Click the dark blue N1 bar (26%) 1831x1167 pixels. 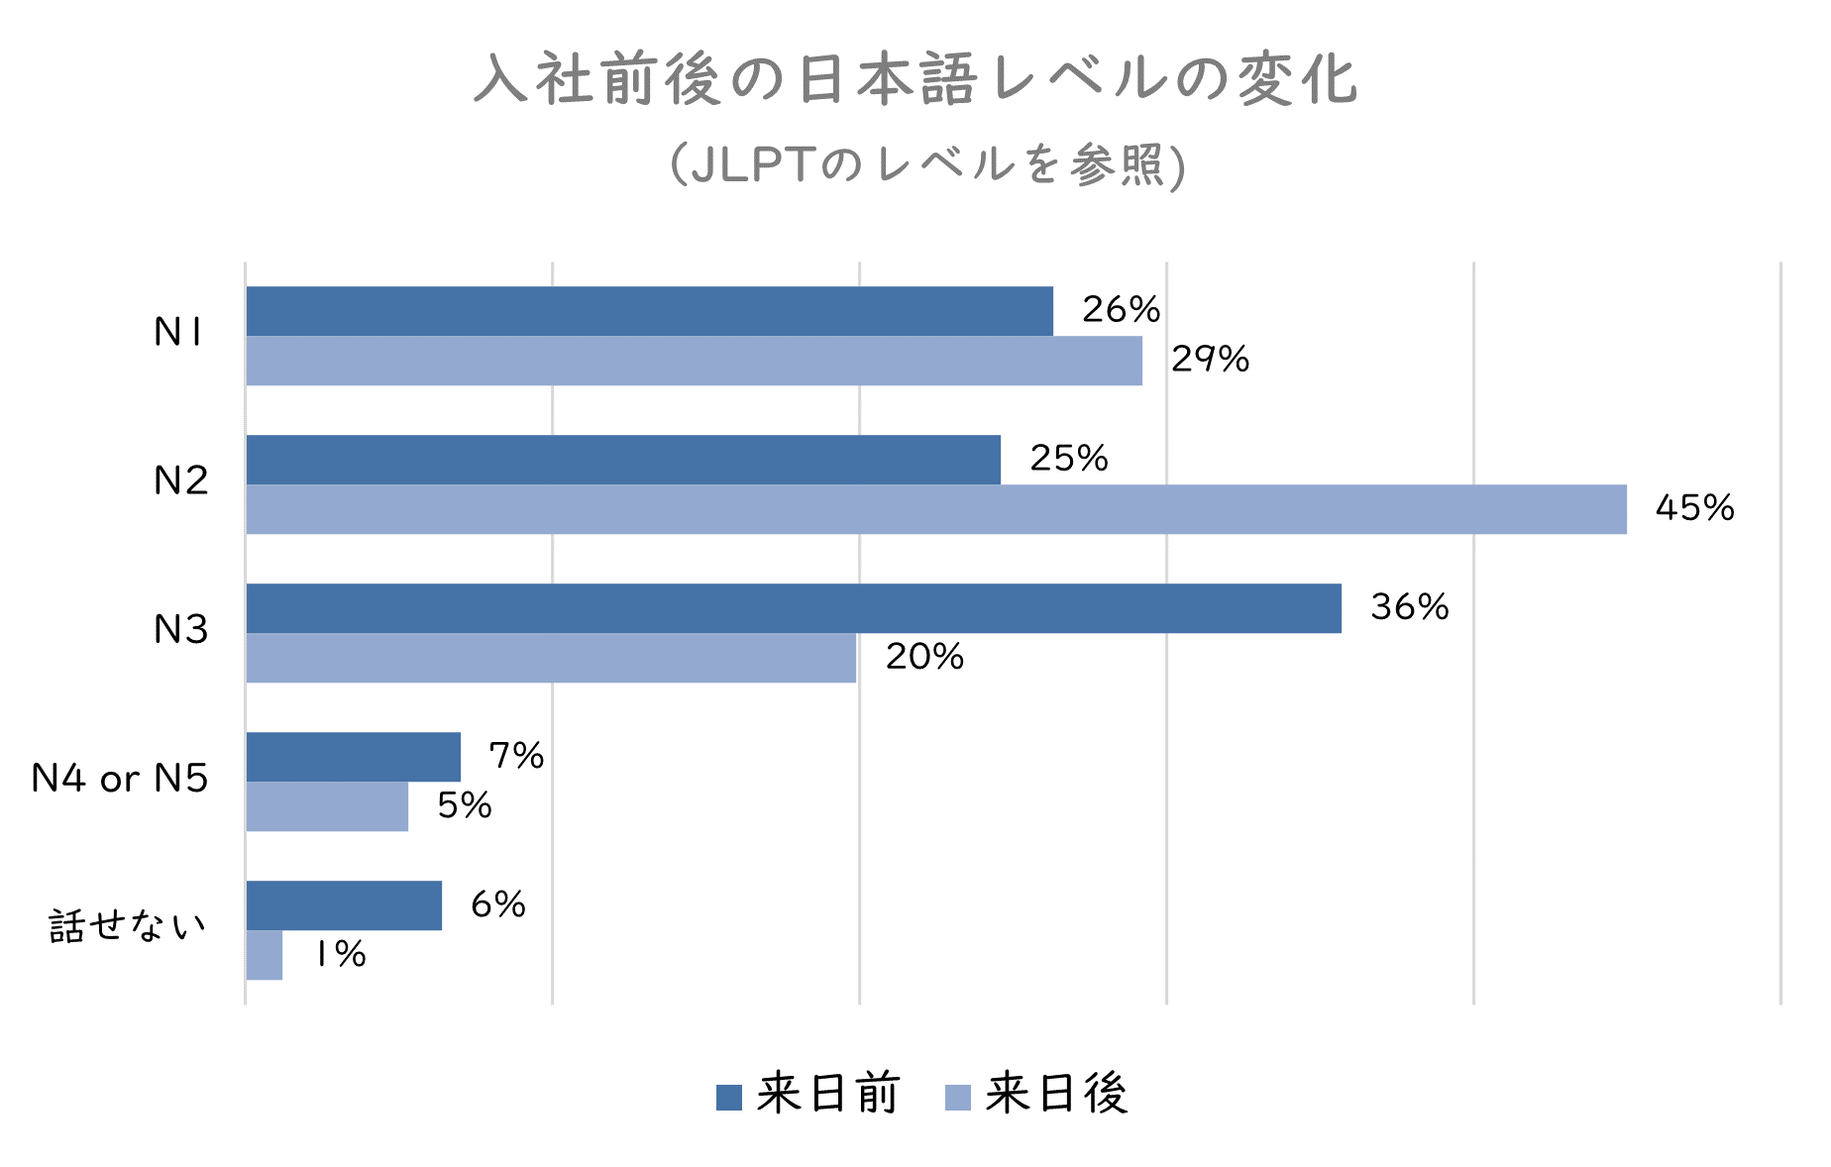[x=649, y=311]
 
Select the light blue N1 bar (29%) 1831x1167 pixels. [x=694, y=361]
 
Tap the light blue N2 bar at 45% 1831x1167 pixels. [x=936, y=509]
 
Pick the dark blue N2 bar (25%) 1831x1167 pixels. [x=623, y=460]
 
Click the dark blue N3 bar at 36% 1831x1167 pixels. [x=794, y=608]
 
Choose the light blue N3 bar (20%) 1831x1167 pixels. [x=551, y=658]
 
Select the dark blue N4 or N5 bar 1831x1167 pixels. [x=353, y=757]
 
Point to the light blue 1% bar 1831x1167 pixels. [x=265, y=955]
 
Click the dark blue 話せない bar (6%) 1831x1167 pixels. [x=344, y=905]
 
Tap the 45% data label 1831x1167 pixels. [x=1694, y=508]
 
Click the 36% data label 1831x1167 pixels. [x=1409, y=607]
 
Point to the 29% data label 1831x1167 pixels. [x=1210, y=360]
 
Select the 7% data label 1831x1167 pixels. [x=516, y=756]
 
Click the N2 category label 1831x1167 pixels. [x=180, y=481]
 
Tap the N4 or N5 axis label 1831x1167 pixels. [x=120, y=779]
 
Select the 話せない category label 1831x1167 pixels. [x=128, y=927]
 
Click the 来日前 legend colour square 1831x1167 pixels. [x=729, y=1097]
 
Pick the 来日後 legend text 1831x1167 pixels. [x=1056, y=1095]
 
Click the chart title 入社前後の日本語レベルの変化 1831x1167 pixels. [x=915, y=79]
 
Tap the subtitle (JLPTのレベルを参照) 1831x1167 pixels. [x=927, y=164]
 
